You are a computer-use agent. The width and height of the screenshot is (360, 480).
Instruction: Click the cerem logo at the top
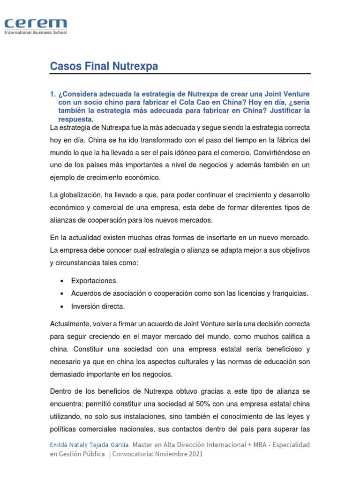pos(36,24)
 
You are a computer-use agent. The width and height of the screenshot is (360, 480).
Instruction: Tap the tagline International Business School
pos(36,33)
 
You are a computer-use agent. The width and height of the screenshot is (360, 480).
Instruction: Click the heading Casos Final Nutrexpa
pos(104,67)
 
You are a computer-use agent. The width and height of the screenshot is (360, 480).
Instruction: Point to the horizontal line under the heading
pos(180,74)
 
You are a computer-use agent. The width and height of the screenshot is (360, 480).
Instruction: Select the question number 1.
pos(52,94)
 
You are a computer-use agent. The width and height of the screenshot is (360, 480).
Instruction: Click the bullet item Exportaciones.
pos(95,281)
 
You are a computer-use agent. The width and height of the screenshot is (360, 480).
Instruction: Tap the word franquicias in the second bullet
pos(290,293)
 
